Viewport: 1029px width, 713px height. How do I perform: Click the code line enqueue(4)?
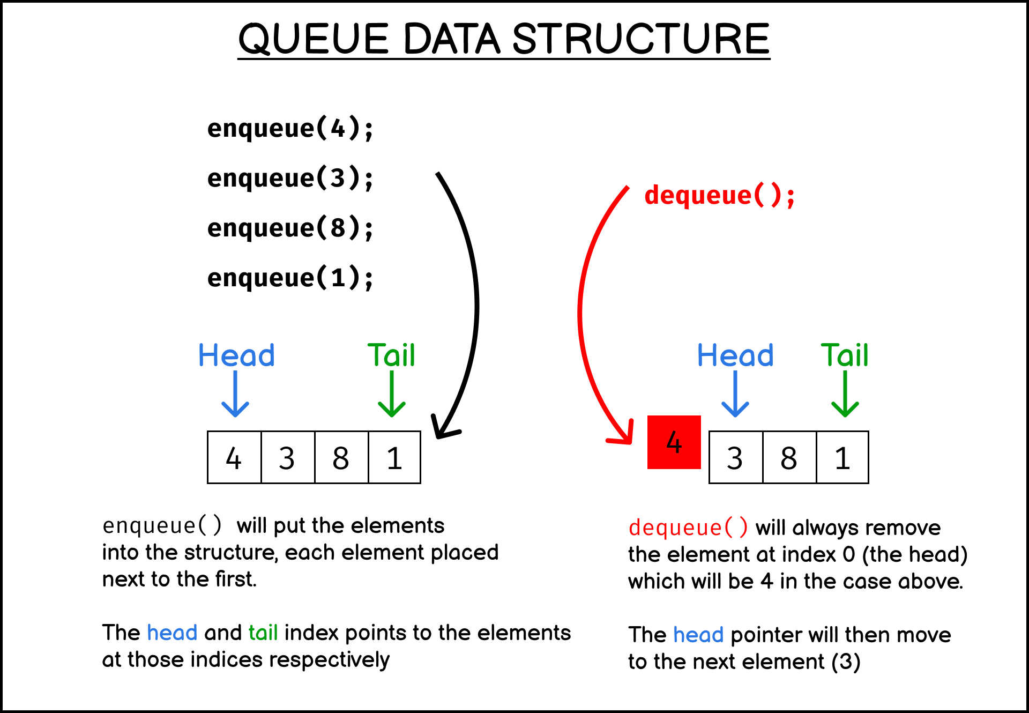[x=290, y=129]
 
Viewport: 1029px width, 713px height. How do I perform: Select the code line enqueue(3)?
[x=290, y=179]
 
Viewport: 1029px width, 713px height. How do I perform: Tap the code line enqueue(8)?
[x=290, y=228]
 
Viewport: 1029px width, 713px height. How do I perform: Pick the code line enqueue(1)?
[x=290, y=278]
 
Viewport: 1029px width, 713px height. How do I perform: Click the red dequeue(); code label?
[x=719, y=195]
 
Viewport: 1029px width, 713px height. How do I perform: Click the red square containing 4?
[x=674, y=442]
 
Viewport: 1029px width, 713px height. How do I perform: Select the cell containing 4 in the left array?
[x=234, y=457]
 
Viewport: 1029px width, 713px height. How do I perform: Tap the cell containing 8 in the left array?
[x=341, y=457]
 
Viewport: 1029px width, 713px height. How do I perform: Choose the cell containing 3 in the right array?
[x=735, y=457]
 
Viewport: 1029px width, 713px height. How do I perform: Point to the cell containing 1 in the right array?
[x=842, y=457]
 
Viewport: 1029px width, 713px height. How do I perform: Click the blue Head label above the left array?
[x=236, y=355]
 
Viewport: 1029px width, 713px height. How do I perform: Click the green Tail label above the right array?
[x=844, y=355]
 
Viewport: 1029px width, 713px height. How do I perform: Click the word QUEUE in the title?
[x=313, y=39]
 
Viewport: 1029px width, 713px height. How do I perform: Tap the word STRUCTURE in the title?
[x=641, y=39]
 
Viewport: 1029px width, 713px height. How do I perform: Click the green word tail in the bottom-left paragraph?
[x=263, y=633]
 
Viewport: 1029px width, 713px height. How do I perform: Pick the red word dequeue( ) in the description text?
[x=688, y=528]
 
